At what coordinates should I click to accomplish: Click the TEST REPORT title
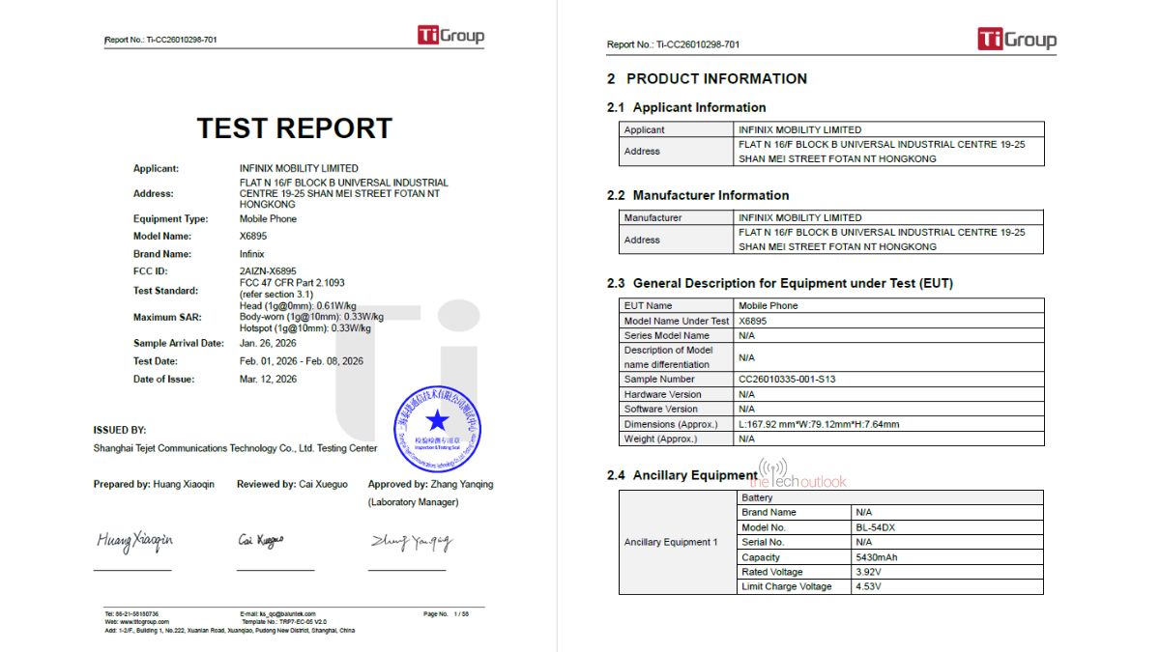294,128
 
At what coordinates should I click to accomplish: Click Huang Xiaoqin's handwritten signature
134,541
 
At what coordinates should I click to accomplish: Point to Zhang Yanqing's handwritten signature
411,543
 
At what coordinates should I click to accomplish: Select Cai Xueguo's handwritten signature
261,541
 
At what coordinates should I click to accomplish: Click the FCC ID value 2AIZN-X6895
269,271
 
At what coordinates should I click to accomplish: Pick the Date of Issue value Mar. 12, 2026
269,380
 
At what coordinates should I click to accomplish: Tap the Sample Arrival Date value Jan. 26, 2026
268,343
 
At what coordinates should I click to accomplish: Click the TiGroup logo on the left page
450,36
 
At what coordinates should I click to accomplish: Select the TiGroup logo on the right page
1016,40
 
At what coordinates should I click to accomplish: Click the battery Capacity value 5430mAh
877,557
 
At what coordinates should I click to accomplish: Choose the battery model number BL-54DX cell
875,527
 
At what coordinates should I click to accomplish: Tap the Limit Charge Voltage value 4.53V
868,586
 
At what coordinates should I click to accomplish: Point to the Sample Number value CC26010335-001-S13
787,380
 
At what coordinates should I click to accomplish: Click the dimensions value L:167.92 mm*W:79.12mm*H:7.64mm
819,424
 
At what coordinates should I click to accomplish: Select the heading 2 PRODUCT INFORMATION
707,79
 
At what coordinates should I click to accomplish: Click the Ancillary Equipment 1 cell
671,542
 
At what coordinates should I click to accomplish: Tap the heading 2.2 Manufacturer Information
698,195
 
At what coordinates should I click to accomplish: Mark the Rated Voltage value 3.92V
868,572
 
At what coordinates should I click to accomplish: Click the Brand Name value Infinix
252,254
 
